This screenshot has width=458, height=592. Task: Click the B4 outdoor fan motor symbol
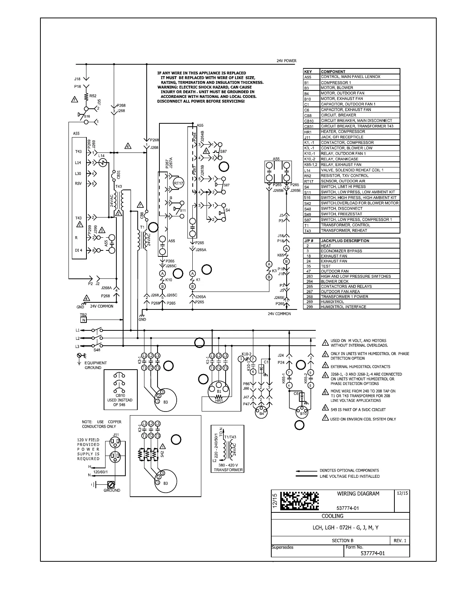[x=262, y=413]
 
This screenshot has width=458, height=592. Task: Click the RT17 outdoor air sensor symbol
[x=178, y=183]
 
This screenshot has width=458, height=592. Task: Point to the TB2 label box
[x=83, y=317]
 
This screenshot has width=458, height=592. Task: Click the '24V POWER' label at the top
[x=286, y=61]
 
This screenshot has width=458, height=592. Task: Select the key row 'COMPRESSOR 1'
[x=336, y=82]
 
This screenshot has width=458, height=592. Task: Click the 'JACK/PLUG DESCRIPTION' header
[x=345, y=241]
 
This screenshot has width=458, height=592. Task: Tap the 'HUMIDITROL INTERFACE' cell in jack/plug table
[x=343, y=307]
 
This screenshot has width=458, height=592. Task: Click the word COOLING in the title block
[x=333, y=516]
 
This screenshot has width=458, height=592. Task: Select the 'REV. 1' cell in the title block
[x=400, y=541]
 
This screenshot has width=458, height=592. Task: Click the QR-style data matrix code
[x=299, y=500]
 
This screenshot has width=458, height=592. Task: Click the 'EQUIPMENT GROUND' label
[x=95, y=365]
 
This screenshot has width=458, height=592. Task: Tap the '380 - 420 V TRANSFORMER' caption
[x=228, y=468]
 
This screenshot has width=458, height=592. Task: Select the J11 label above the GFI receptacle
[x=116, y=435]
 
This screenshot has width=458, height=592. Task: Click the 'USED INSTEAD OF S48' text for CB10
[x=120, y=402]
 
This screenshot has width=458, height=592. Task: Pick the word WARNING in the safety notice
[x=167, y=87]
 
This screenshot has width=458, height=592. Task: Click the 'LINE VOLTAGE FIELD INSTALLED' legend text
[x=349, y=476]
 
